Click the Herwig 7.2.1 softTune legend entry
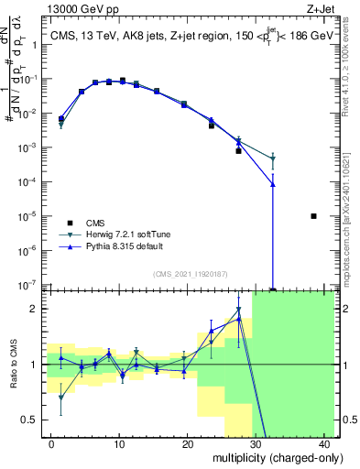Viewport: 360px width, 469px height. point(126,234)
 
